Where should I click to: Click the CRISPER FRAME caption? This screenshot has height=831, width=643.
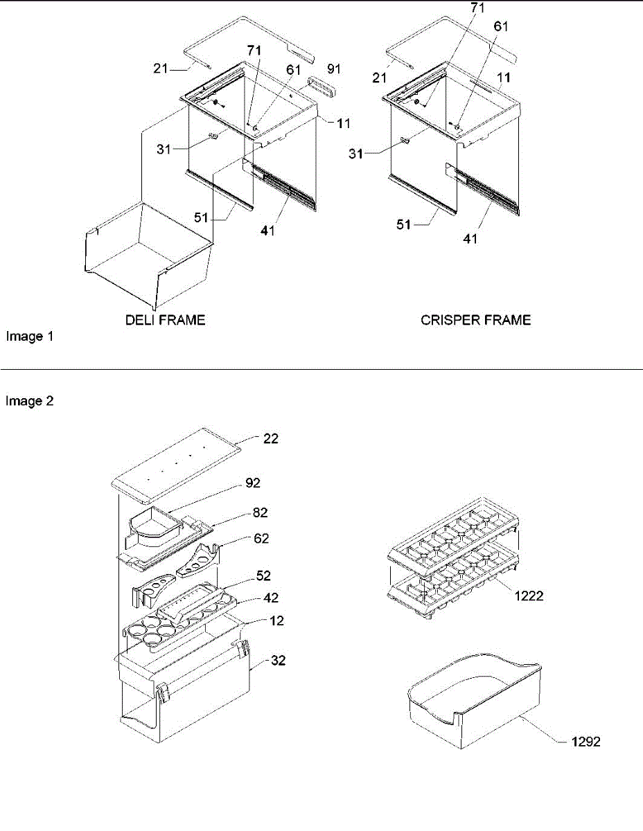coord(476,320)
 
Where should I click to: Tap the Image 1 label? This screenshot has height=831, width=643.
coord(30,337)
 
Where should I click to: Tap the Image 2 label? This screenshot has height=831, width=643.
coord(30,400)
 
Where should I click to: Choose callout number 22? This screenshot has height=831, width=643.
coord(271,438)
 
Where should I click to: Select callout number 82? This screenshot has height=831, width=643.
coord(261,512)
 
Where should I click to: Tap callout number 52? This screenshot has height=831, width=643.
coord(263,576)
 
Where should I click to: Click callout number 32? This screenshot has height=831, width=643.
coord(279,661)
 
